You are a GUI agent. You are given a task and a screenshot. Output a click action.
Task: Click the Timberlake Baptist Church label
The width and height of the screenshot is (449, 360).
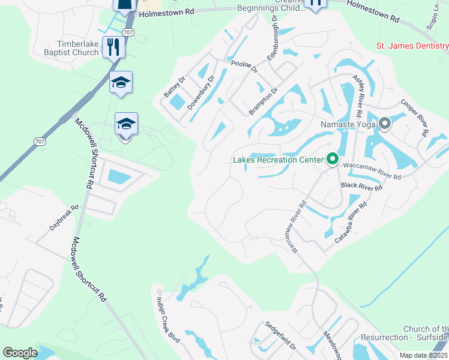78,49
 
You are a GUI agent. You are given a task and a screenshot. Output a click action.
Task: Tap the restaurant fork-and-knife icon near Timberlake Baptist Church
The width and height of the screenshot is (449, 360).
112,46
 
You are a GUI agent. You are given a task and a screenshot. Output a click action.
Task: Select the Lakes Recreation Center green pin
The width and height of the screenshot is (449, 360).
332,160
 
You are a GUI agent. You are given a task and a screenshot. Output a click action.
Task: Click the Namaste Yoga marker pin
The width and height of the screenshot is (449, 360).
385,124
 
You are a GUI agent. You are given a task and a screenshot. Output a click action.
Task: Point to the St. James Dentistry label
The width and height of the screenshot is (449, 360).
412,46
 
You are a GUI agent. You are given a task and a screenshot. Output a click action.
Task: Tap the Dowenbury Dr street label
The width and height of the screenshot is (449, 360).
200,92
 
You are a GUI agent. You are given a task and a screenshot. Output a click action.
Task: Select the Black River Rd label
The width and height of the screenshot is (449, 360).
361,187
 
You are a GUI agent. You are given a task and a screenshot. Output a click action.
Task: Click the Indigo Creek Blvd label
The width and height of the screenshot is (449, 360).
168,320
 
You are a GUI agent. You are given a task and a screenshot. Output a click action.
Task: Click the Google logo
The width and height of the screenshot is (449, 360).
20,353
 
